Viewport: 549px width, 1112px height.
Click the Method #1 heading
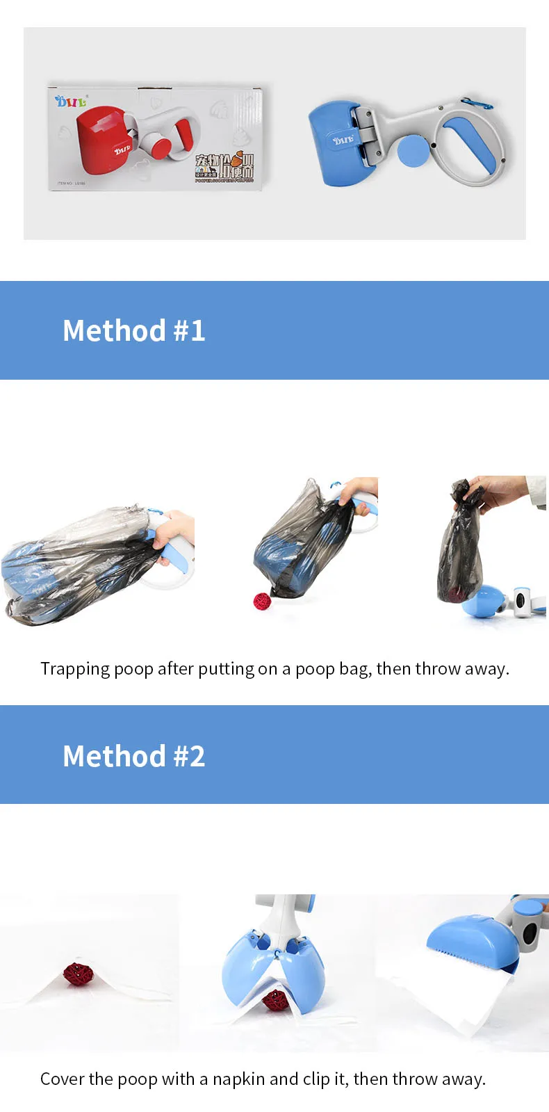click(x=134, y=331)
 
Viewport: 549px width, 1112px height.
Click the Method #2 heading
click(x=134, y=757)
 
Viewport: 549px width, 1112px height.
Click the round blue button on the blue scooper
click(x=413, y=150)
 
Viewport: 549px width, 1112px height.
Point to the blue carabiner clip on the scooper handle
click(x=477, y=104)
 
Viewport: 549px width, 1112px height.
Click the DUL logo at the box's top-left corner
click(x=71, y=102)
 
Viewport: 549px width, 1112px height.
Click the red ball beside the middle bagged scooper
click(x=262, y=601)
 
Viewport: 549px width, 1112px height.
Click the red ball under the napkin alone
click(x=75, y=974)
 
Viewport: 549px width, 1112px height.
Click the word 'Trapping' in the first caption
click(x=75, y=669)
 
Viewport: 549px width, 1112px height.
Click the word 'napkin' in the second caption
click(x=238, y=1079)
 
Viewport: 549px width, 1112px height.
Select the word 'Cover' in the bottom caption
click(x=62, y=1079)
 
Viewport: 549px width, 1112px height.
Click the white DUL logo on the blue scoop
click(x=343, y=140)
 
